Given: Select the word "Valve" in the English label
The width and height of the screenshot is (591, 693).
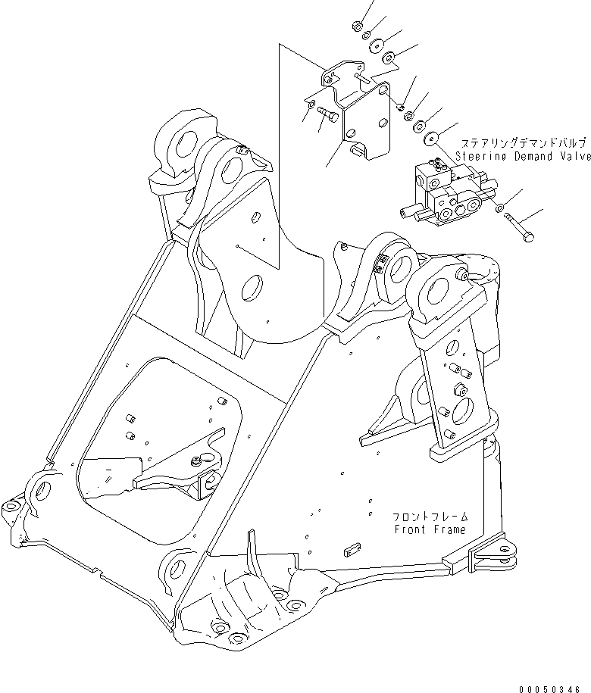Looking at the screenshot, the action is pos(574,156).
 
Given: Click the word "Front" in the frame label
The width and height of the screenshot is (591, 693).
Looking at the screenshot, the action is pos(410,529).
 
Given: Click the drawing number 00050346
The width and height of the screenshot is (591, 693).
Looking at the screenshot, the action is pos(549,689).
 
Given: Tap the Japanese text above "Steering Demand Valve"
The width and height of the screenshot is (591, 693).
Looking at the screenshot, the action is pos(524,143).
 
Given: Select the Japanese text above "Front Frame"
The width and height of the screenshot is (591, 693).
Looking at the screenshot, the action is pos(430,517).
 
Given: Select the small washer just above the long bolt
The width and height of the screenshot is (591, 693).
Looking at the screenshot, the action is pos(499,207).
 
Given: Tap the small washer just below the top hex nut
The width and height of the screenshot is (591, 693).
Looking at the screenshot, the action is pos(367,36).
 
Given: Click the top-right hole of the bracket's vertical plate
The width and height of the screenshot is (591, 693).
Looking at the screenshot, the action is pos(383,90).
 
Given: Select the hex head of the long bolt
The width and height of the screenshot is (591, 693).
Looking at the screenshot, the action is pos(528,237).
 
